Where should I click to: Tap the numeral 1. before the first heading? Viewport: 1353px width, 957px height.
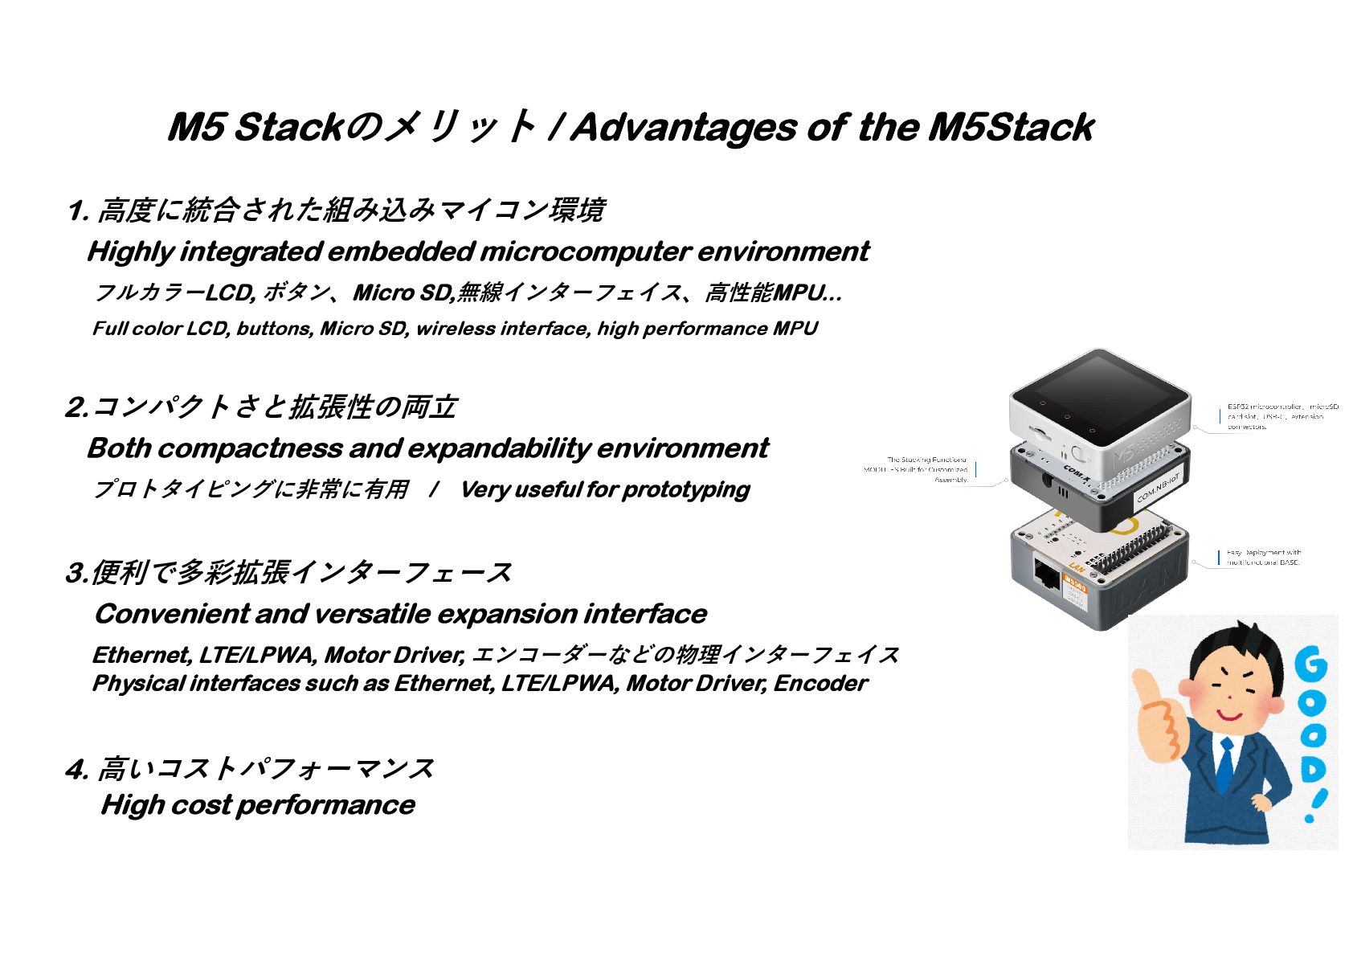pyautogui.click(x=78, y=211)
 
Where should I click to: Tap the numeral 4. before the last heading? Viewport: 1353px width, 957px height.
pyautogui.click(x=76, y=770)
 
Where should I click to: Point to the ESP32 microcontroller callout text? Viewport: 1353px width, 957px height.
pyautogui.click(x=1282, y=416)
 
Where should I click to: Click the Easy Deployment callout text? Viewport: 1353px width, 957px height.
pyautogui.click(x=1263, y=557)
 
